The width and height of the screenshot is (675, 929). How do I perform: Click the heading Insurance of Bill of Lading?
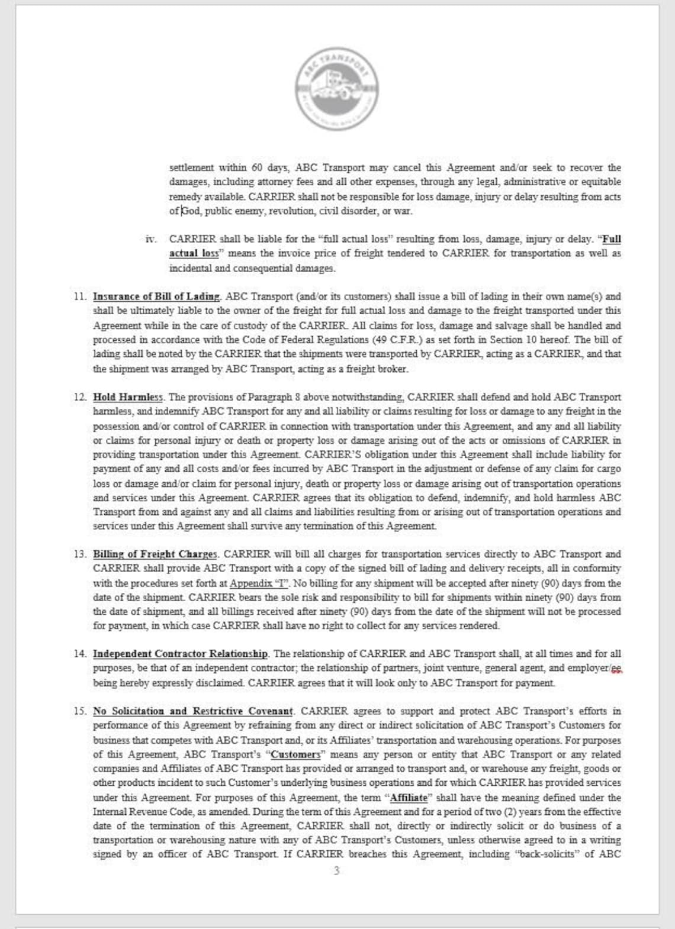(x=156, y=296)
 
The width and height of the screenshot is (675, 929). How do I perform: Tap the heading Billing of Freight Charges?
(x=155, y=554)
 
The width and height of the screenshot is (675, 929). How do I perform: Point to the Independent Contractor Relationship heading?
(x=181, y=654)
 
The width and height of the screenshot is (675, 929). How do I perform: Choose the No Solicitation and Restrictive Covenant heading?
(x=193, y=711)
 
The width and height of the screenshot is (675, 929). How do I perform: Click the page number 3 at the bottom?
(x=337, y=870)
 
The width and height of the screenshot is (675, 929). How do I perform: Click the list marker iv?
(x=151, y=239)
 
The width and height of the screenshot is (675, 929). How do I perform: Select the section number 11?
(x=80, y=296)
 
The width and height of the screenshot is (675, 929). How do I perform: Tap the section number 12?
(x=80, y=397)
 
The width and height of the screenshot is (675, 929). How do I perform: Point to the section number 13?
(x=80, y=554)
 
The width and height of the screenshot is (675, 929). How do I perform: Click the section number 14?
(x=80, y=654)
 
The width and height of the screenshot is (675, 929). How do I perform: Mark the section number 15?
(x=80, y=711)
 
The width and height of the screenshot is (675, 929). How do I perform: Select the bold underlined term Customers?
(x=295, y=754)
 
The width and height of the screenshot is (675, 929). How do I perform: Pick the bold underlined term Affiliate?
(x=408, y=798)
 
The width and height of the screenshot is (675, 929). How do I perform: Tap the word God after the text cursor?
(x=191, y=211)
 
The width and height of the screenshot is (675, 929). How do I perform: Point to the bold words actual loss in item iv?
(x=194, y=253)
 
